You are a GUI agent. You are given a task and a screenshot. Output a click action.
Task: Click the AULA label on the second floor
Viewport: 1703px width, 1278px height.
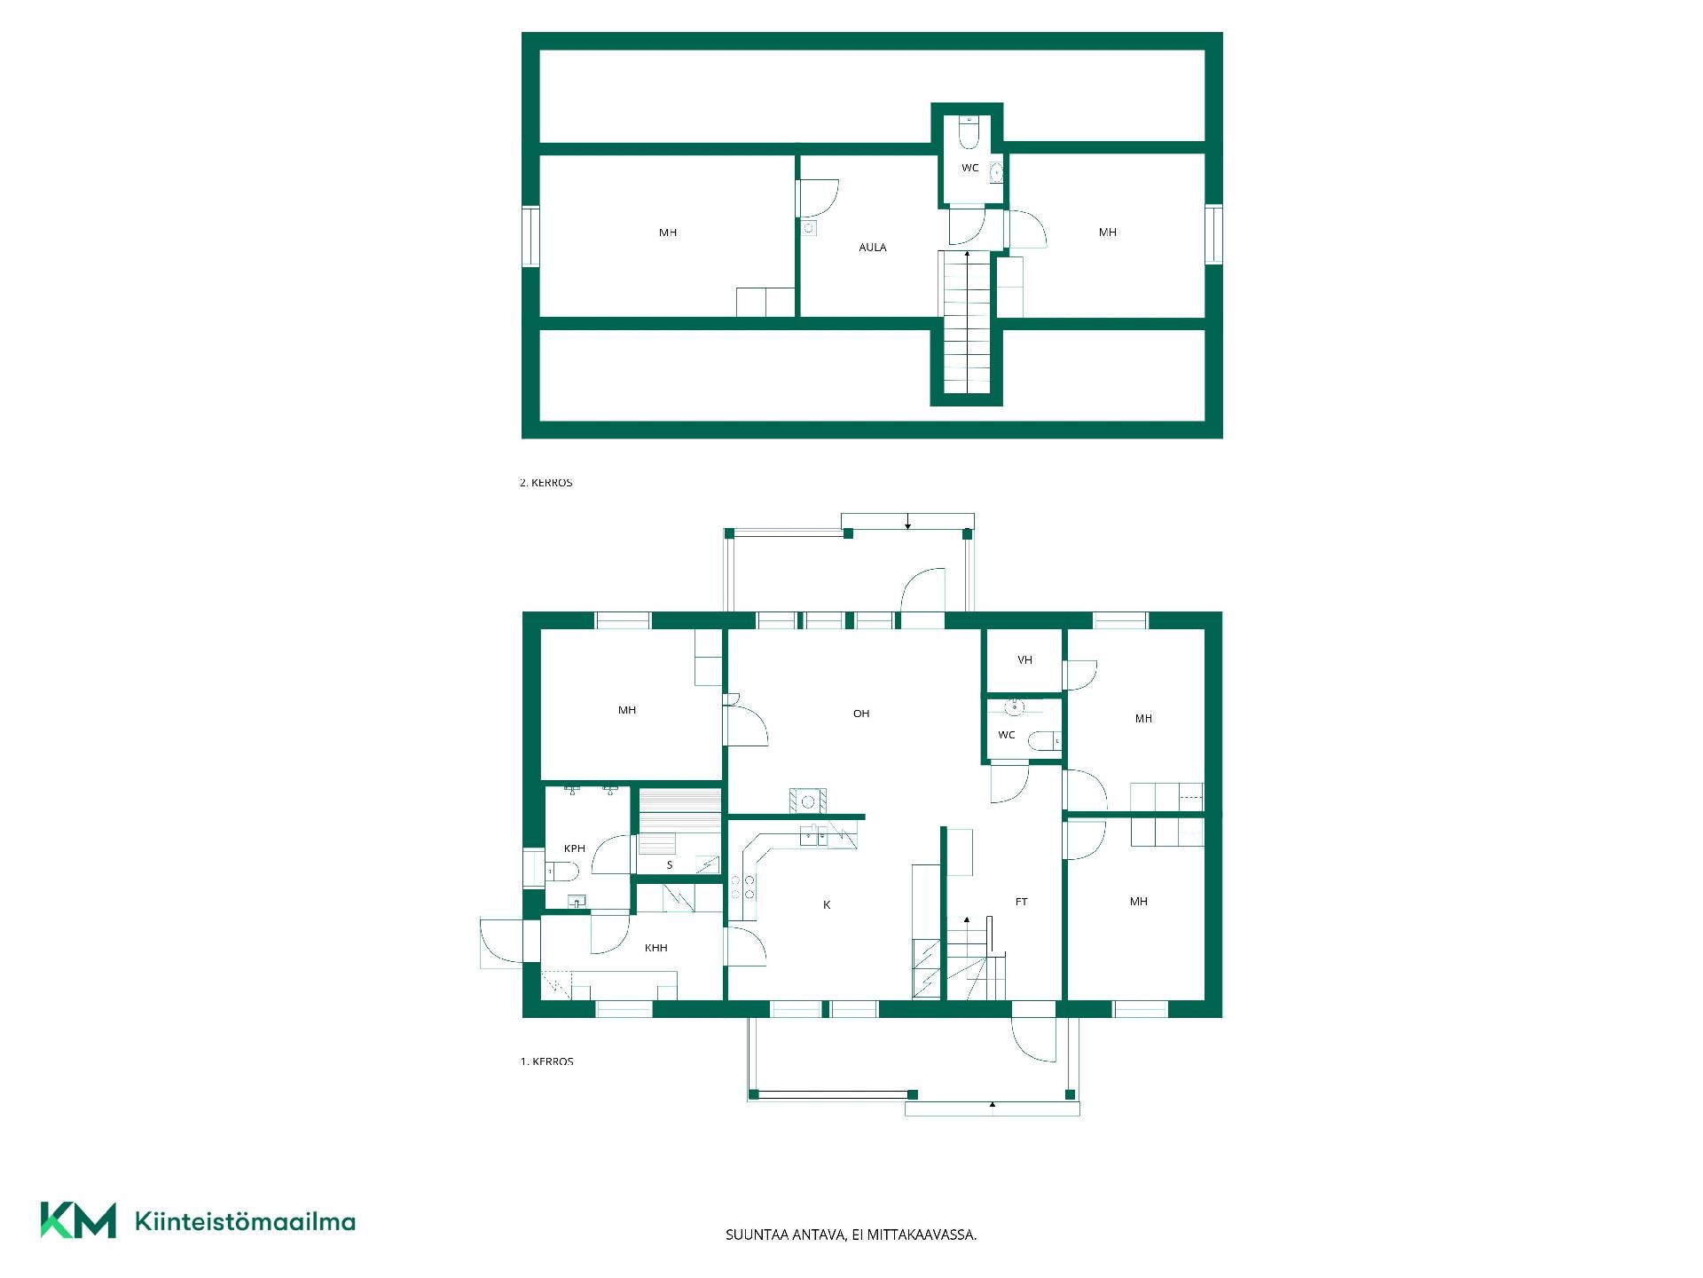(873, 248)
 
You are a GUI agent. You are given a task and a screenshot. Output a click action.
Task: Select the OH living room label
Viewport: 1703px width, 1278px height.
(861, 714)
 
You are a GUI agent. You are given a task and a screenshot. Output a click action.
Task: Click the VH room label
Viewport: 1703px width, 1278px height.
(1025, 660)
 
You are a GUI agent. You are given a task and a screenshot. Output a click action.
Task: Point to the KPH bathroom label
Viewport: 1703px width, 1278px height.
(575, 848)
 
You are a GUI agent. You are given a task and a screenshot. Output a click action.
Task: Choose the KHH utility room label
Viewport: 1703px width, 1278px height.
(656, 948)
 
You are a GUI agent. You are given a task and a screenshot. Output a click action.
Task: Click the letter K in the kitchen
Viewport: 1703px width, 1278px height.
(827, 905)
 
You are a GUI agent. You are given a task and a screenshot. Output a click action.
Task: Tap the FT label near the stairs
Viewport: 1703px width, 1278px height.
(1022, 902)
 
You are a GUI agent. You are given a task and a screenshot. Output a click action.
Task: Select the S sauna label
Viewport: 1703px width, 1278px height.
(670, 865)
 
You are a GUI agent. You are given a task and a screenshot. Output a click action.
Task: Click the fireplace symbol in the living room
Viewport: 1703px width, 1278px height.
(808, 801)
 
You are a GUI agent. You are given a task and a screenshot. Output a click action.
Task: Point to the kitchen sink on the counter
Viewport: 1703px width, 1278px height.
(814, 835)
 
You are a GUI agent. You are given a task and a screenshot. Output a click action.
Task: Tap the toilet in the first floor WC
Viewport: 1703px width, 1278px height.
(1044, 740)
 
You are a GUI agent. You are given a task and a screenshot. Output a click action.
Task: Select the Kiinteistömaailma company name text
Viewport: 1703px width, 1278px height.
(245, 1222)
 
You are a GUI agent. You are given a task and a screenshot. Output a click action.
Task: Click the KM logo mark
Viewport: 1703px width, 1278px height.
(78, 1220)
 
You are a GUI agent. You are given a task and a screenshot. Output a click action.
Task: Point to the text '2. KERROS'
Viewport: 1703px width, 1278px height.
(546, 483)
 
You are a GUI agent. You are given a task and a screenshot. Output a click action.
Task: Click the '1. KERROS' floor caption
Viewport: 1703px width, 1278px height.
(546, 1061)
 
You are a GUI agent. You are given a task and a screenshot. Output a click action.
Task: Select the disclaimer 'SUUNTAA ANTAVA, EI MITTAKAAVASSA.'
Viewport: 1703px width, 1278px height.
(851, 1235)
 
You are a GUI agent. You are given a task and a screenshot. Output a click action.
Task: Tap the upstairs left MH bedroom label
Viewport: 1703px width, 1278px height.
(668, 233)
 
